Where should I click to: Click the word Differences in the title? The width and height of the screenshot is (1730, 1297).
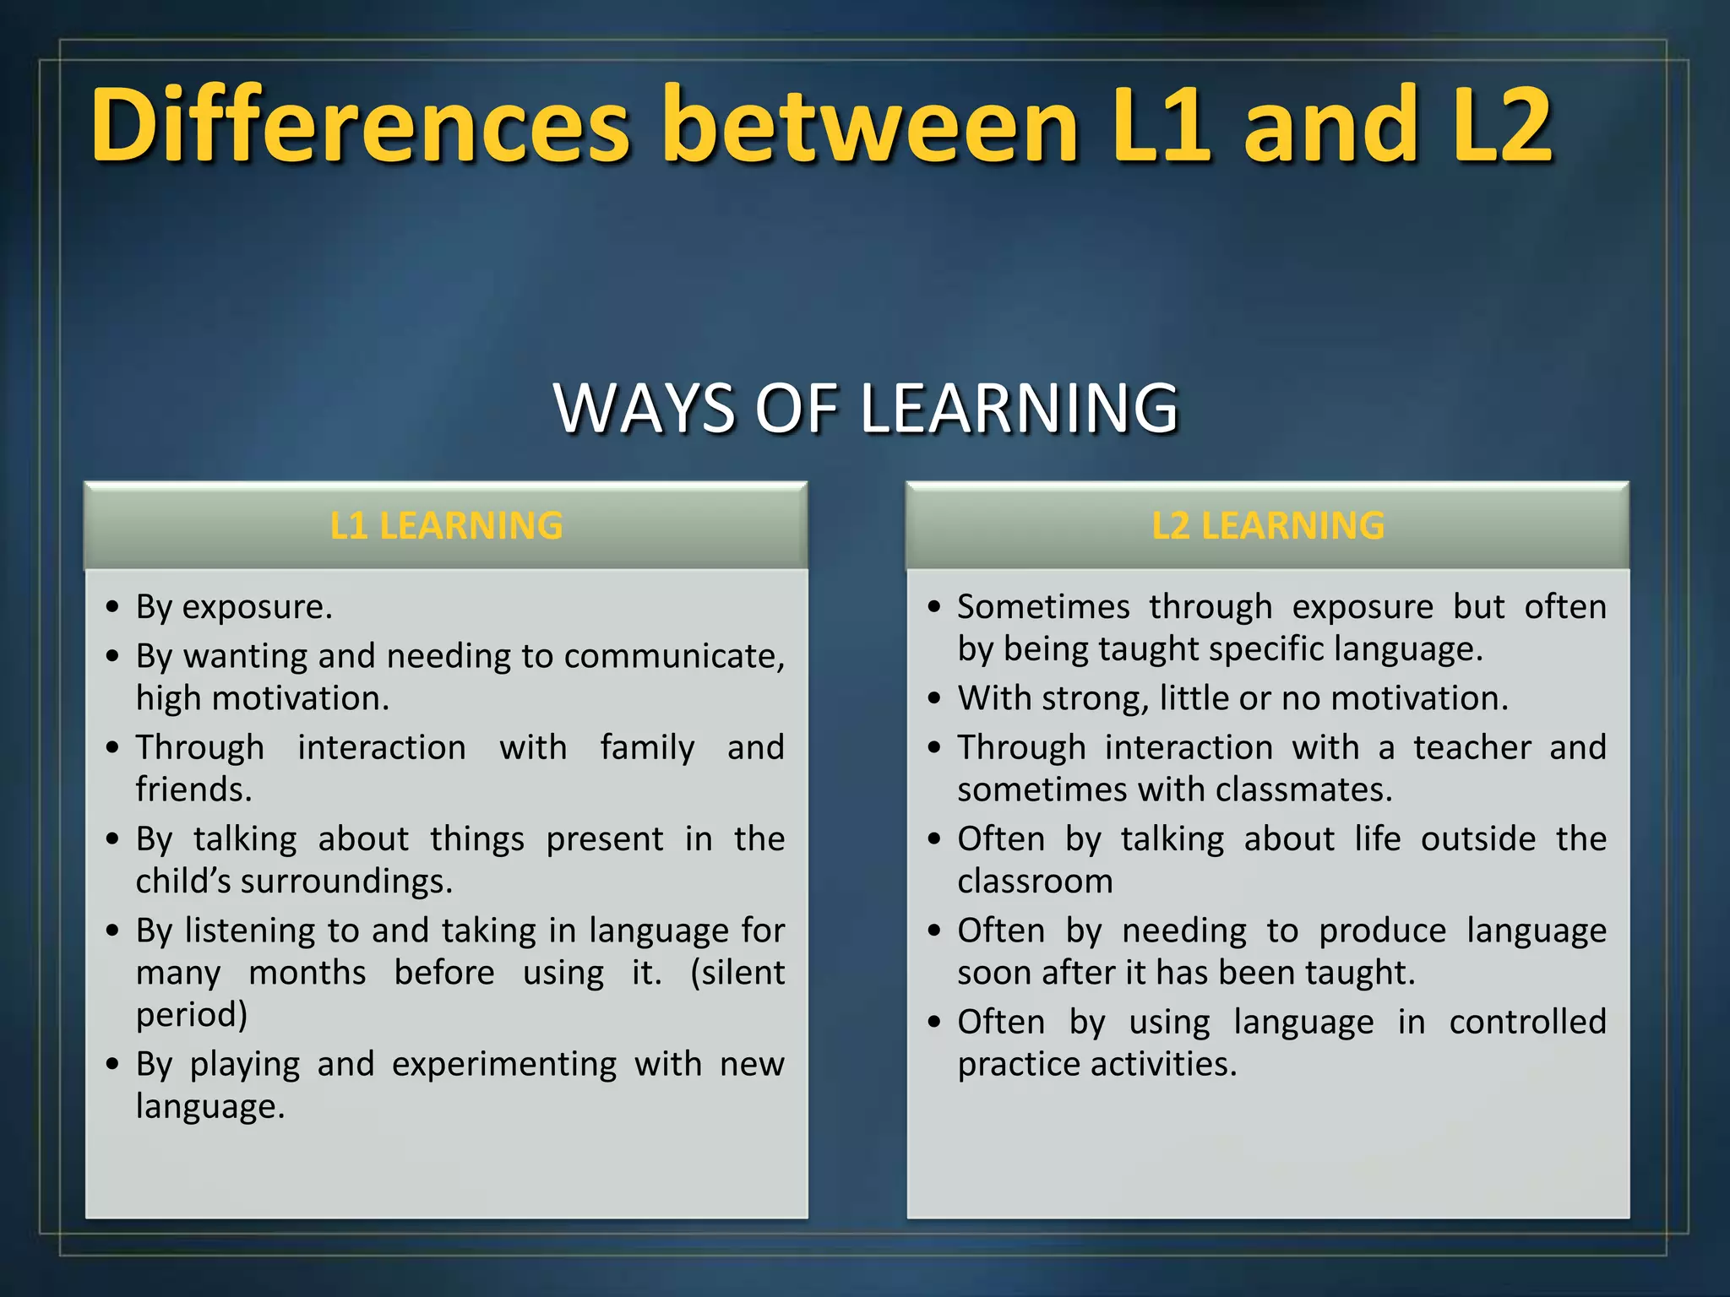pos(361,125)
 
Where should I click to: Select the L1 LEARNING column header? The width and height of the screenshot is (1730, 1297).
pos(446,525)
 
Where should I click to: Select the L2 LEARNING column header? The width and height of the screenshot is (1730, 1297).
pos(1267,525)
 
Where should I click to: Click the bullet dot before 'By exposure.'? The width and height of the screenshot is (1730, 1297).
pos(113,608)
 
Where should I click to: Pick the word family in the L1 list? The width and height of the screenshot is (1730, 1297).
pos(647,748)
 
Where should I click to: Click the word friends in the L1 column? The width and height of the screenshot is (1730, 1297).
pos(193,790)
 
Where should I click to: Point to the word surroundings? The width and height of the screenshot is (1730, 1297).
pos(346,882)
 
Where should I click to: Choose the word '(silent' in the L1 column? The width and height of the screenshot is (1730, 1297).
pos(737,973)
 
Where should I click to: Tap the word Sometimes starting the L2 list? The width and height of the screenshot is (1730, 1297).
pos(1043,607)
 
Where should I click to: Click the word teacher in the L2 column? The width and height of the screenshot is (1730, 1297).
pos(1472,748)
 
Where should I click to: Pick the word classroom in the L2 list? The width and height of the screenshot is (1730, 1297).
pos(1035,882)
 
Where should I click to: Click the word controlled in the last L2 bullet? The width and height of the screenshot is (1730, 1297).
pos(1527,1022)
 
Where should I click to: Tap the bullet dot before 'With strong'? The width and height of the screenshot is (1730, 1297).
pos(934,699)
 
